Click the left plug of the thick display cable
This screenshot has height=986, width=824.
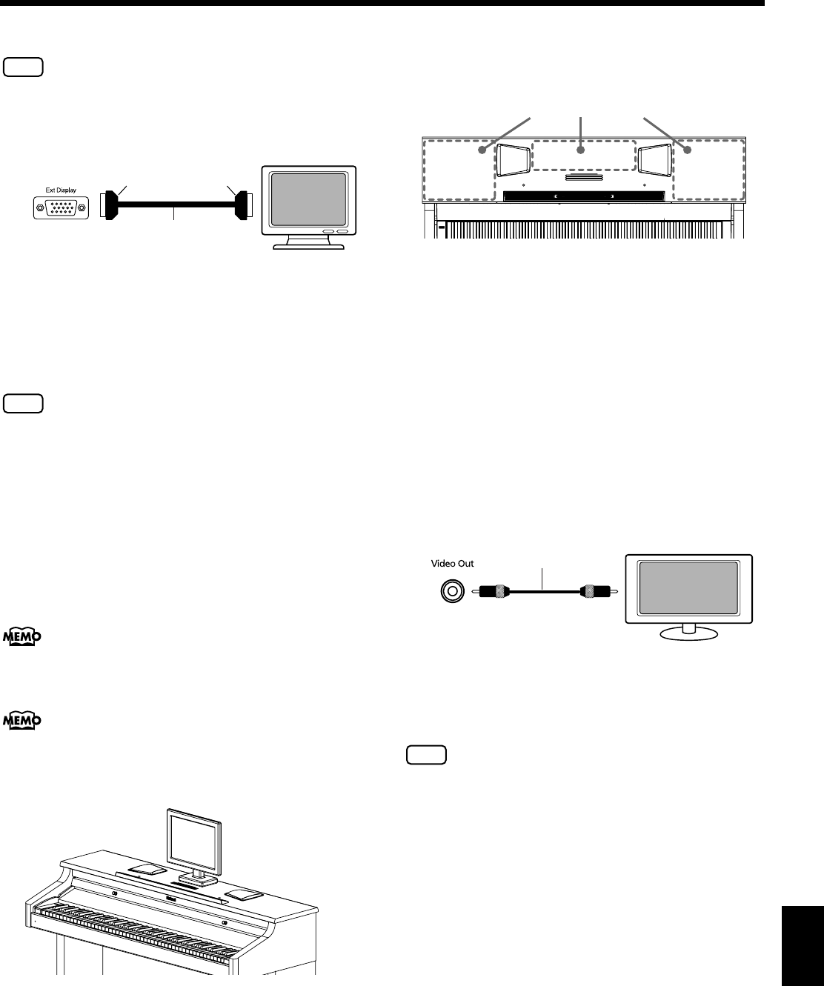point(110,207)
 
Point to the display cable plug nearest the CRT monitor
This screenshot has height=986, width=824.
point(241,206)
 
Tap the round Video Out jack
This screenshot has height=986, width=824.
point(450,590)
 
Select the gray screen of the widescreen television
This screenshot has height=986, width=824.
point(688,589)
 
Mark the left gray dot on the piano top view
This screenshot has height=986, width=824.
point(482,150)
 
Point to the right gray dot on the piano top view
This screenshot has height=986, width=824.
point(687,150)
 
